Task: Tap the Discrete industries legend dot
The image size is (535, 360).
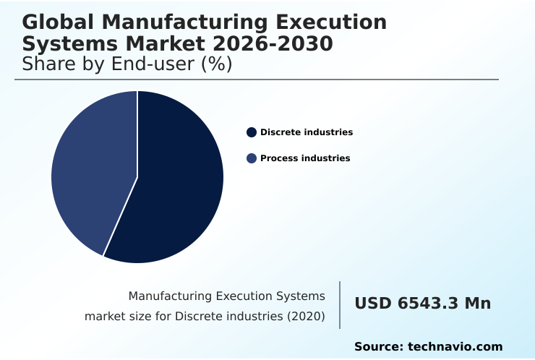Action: coord(252,132)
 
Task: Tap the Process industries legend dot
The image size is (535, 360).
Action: coord(252,158)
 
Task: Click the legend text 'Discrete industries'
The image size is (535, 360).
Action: coord(307,132)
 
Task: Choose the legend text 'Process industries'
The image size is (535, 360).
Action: coord(305,158)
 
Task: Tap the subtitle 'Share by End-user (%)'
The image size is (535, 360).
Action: coord(127,64)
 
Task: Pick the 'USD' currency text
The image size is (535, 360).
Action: coord(373,304)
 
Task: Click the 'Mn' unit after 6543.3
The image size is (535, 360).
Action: coord(478,304)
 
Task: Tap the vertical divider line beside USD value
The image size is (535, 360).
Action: coord(340,304)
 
